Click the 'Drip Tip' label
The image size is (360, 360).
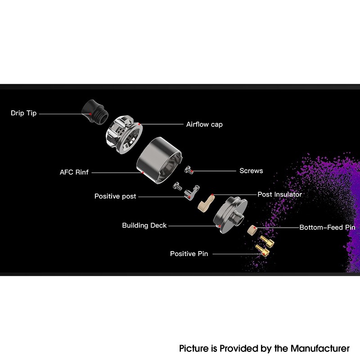(24, 113)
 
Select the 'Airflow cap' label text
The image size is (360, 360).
(204, 124)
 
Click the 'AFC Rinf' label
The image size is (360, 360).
(74, 172)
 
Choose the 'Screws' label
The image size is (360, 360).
(251, 171)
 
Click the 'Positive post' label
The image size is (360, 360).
(115, 196)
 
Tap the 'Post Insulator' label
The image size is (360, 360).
(279, 194)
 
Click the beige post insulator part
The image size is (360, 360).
(205, 204)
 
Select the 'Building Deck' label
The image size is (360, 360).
(144, 225)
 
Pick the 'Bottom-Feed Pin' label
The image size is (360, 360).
(328, 228)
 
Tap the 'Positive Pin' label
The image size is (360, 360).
(189, 254)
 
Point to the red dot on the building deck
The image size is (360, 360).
(219, 226)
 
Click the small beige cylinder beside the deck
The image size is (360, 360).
(252, 230)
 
